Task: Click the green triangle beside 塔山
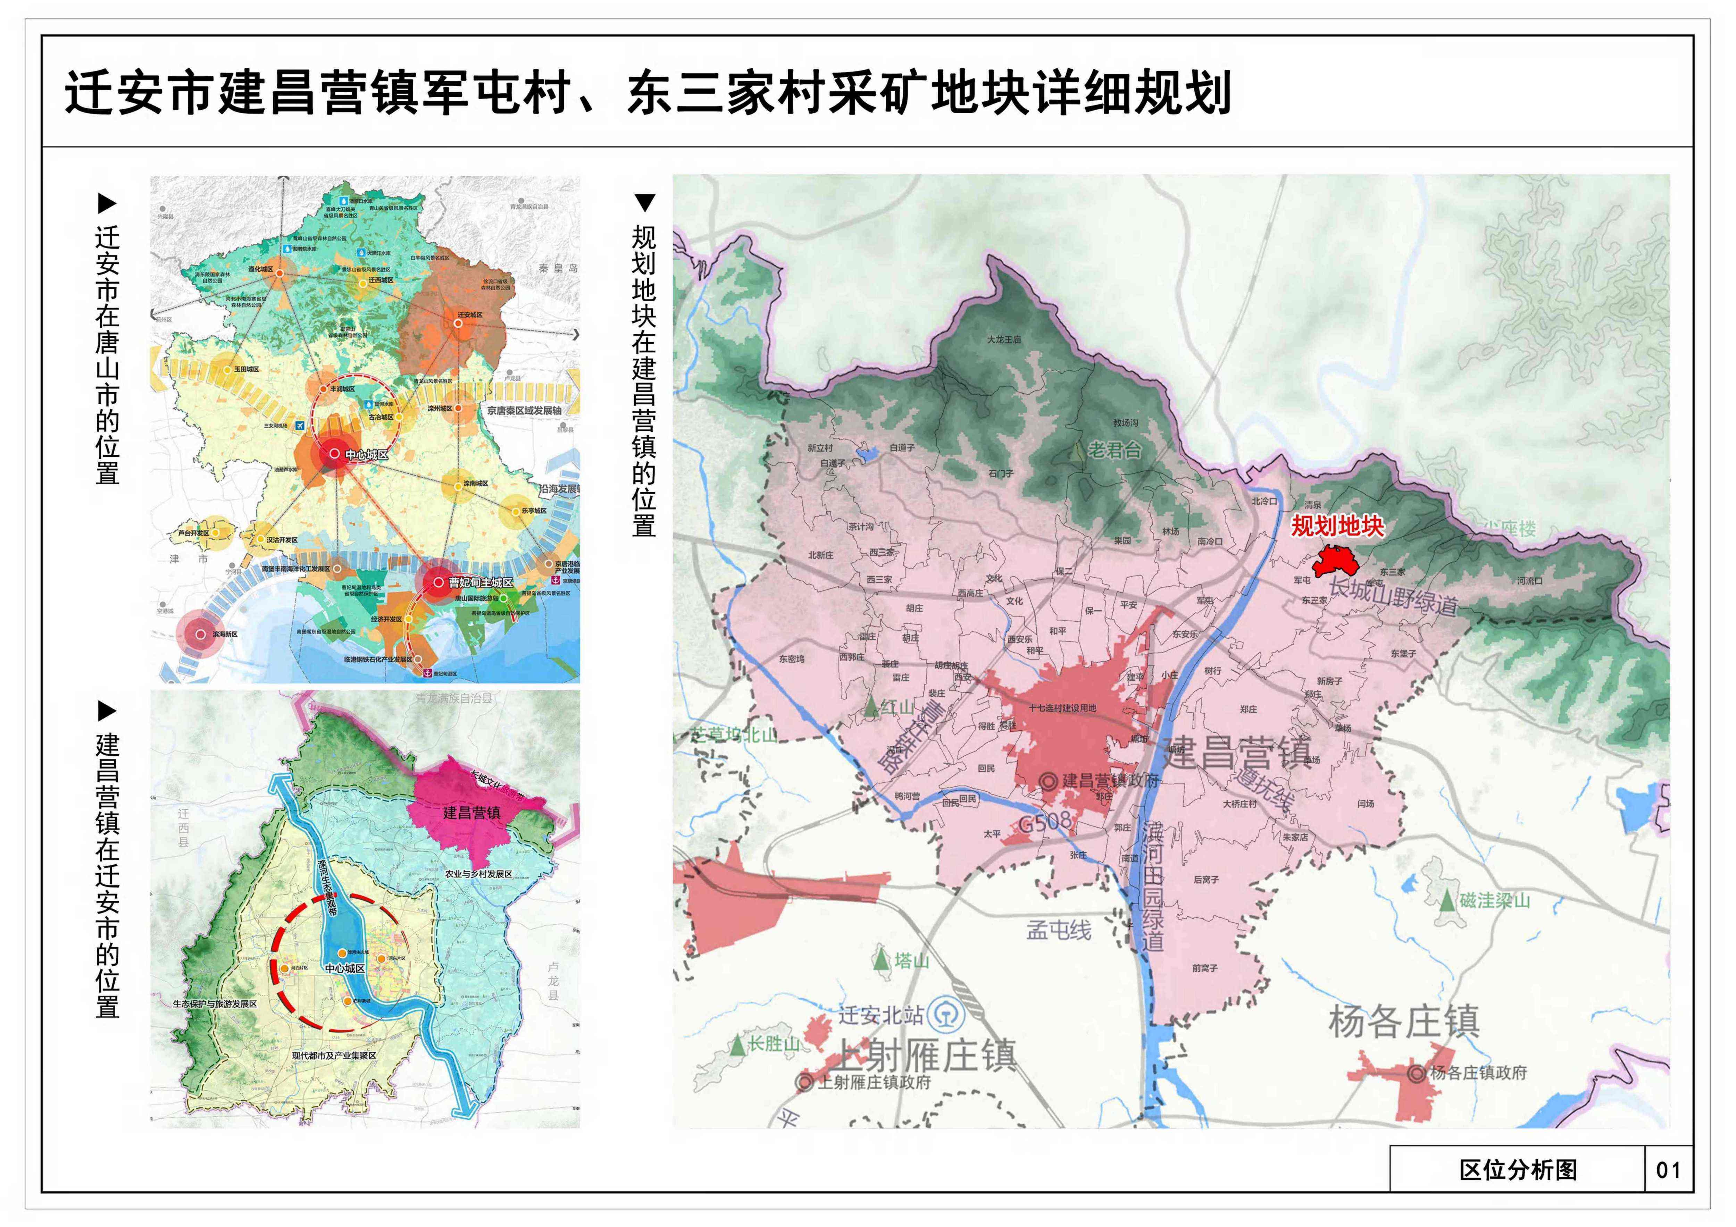[881, 961]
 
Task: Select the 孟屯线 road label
[1059, 930]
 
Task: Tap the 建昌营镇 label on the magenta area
[472, 813]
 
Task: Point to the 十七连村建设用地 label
[1062, 708]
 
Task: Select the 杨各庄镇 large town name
[1404, 1022]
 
